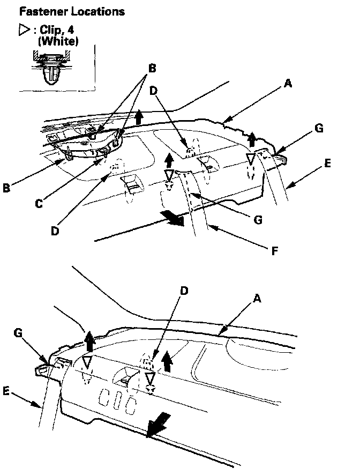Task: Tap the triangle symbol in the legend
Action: tap(24, 31)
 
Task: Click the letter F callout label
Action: tap(274, 249)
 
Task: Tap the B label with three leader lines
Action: tap(152, 69)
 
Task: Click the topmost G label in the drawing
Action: tap(319, 129)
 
